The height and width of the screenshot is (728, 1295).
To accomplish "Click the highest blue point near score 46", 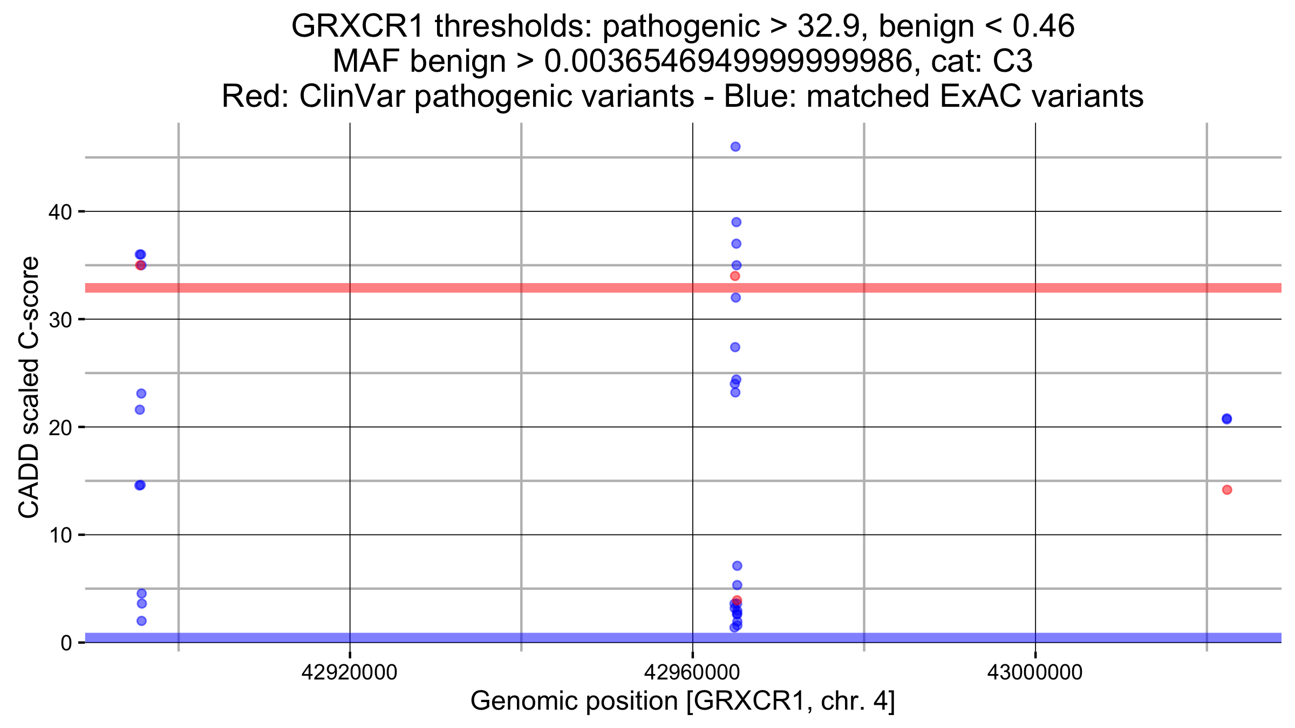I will (x=735, y=147).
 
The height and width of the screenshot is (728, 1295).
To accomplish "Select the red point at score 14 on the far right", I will (x=1227, y=490).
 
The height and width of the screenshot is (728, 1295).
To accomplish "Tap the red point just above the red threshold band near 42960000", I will (x=735, y=276).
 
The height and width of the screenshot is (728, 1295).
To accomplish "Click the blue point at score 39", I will (x=736, y=222).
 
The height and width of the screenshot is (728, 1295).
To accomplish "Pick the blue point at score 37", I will (x=736, y=244).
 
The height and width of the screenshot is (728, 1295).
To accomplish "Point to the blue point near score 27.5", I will (x=735, y=347).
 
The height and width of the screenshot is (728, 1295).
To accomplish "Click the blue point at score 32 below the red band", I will (x=735, y=298).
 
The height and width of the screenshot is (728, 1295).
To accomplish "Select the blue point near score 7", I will (x=737, y=566).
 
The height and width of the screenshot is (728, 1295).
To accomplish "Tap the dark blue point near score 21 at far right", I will (x=1226, y=419).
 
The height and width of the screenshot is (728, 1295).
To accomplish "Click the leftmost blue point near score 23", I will (x=141, y=394).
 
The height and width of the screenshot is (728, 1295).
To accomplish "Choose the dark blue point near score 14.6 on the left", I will (x=140, y=485).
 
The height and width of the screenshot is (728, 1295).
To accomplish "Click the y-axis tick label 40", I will (x=60, y=212).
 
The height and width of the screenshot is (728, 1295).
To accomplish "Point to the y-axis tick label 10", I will (x=60, y=535).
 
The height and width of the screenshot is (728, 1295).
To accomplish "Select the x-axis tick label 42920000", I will (x=349, y=673).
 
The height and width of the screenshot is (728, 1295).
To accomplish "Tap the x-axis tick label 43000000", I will (x=1034, y=673).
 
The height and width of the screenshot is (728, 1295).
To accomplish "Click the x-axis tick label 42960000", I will (x=692, y=673).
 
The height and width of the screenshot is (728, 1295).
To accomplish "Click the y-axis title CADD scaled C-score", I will (x=29, y=387).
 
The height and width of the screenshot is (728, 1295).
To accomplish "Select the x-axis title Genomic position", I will (x=682, y=701).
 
